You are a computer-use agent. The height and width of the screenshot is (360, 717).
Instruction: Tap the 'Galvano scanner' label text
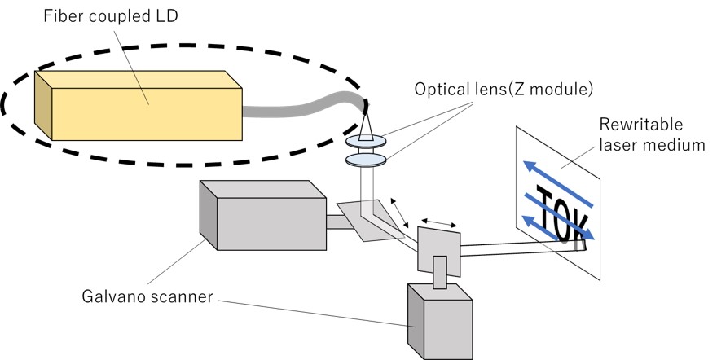click(x=147, y=296)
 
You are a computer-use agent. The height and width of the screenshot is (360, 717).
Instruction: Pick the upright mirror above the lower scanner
click(x=438, y=248)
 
